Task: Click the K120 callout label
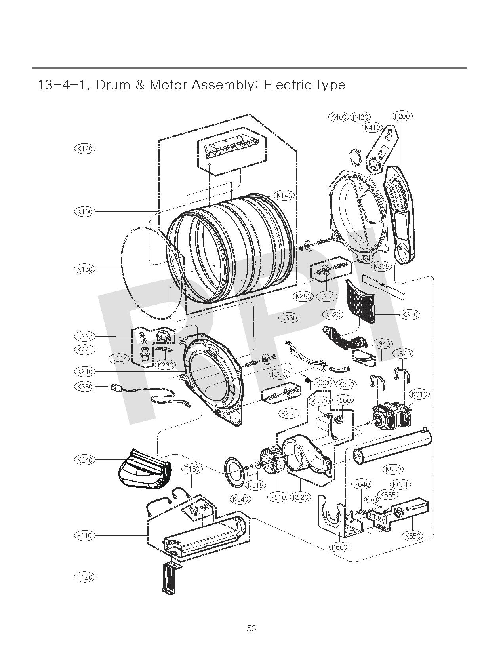point(84,149)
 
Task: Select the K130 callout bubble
point(84,269)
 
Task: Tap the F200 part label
point(402,116)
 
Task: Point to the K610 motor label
point(419,394)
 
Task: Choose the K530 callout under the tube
point(393,469)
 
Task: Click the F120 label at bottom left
point(84,577)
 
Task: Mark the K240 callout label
point(84,460)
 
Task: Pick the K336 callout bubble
point(324,382)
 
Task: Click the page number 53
point(251,628)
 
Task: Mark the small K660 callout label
point(371,500)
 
